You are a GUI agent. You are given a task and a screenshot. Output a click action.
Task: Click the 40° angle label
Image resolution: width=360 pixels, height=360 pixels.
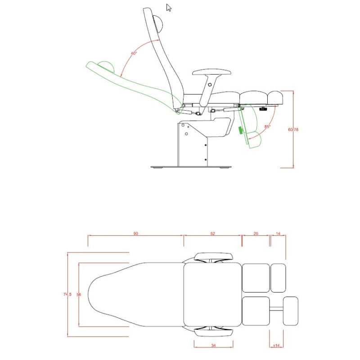[134, 53]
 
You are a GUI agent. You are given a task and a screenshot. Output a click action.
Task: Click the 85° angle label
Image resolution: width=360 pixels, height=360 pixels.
[267, 126]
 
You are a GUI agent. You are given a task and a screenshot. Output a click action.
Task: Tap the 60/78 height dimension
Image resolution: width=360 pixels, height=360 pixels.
[293, 130]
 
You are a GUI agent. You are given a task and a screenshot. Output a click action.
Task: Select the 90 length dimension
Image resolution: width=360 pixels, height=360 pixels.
[136, 234]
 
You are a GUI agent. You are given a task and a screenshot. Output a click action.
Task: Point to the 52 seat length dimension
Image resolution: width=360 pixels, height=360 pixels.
[212, 234]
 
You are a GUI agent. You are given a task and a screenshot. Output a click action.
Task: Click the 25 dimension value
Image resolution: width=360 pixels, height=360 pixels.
[256, 234]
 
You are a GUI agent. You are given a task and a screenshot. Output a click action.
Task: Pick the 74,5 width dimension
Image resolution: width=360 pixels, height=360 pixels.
[67, 294]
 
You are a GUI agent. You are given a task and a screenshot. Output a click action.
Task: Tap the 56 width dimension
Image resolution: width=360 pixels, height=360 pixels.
[79, 294]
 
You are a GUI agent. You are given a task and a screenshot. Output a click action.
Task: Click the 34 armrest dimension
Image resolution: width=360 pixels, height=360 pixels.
[213, 345]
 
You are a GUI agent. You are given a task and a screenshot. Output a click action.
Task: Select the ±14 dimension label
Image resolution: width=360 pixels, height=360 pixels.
[276, 346]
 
